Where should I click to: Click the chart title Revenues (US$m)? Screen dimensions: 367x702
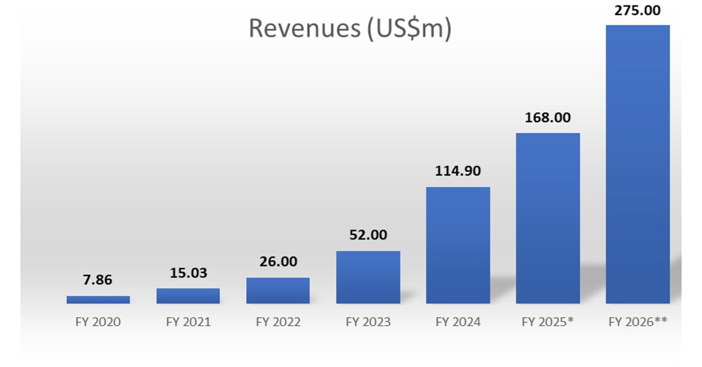(350, 28)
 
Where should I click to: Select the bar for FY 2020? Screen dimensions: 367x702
(98, 299)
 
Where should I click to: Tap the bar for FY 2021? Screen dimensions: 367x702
(188, 296)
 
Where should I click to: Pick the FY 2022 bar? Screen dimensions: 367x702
(278, 290)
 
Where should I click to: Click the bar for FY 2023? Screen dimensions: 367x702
(368, 277)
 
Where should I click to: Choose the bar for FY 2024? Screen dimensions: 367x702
(458, 245)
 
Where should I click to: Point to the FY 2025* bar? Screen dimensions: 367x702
(548, 218)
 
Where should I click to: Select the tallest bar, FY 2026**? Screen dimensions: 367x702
(638, 164)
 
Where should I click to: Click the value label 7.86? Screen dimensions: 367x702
(97, 280)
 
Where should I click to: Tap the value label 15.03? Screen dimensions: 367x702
(188, 273)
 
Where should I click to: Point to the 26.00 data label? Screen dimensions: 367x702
(278, 261)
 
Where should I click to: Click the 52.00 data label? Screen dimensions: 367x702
(368, 235)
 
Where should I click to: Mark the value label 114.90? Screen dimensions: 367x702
(458, 171)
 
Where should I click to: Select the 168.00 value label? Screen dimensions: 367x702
(548, 117)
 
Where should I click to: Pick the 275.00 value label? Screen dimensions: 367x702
(638, 10)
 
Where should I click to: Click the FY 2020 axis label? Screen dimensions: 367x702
(98, 322)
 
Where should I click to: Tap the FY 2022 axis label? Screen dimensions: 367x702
(278, 322)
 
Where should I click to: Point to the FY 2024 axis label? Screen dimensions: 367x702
(458, 322)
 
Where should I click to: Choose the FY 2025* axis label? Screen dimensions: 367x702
(548, 322)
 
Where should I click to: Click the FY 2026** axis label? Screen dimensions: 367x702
(638, 322)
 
